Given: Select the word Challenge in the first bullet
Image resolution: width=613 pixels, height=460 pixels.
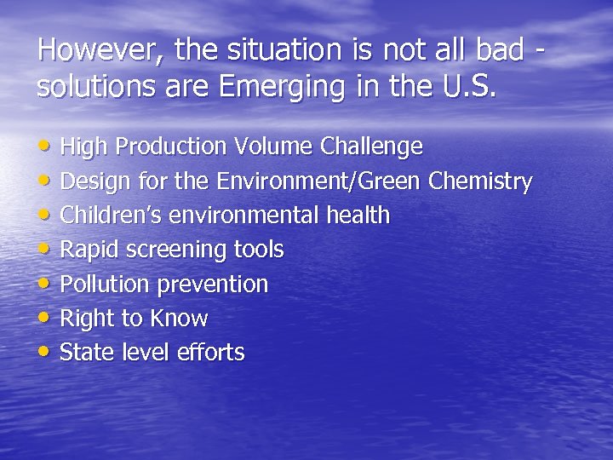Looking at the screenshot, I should (x=371, y=147).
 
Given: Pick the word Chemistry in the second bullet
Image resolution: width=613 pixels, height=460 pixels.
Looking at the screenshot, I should (x=481, y=181).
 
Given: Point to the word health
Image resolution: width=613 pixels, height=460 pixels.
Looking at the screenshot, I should (x=358, y=216).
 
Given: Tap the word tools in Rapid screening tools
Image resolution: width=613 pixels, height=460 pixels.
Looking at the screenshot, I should (x=259, y=250).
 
